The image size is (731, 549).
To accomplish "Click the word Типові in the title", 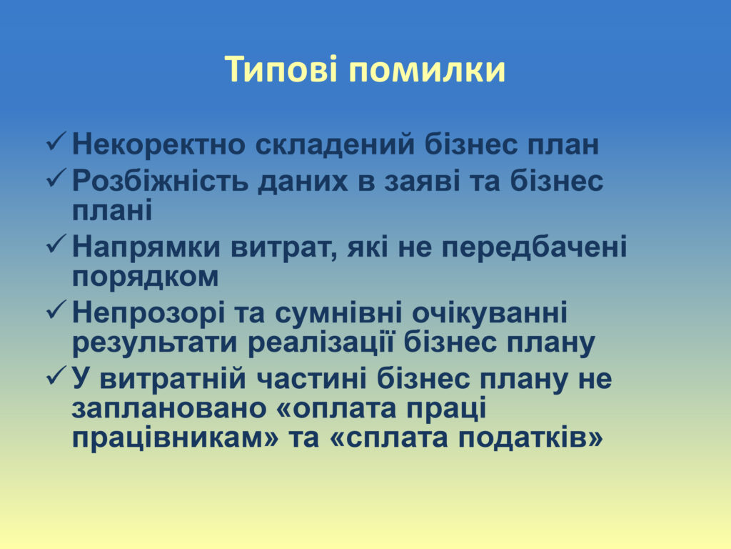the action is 281,69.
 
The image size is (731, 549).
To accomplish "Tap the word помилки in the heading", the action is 427,70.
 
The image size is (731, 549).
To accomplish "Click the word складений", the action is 335,144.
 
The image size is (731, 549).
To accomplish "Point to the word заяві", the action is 423,182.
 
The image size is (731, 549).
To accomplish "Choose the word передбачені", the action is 534,248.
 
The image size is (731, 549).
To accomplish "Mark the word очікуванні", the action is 490,314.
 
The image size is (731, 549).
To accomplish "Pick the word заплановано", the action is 169,409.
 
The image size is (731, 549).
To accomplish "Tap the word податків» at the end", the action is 530,438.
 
